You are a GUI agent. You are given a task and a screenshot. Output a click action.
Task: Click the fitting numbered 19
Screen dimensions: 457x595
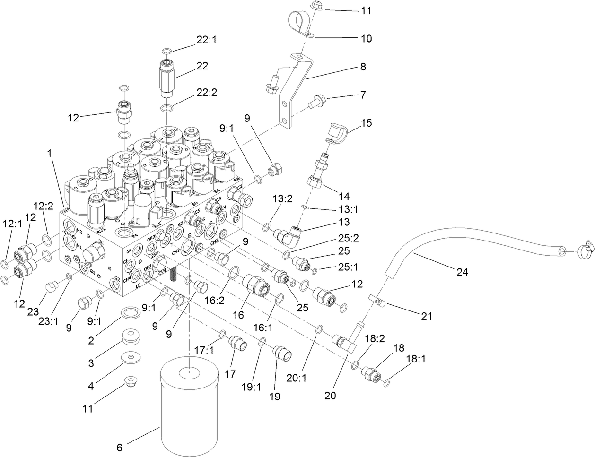281,353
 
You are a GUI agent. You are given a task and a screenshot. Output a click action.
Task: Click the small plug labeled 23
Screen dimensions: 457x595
51,286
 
